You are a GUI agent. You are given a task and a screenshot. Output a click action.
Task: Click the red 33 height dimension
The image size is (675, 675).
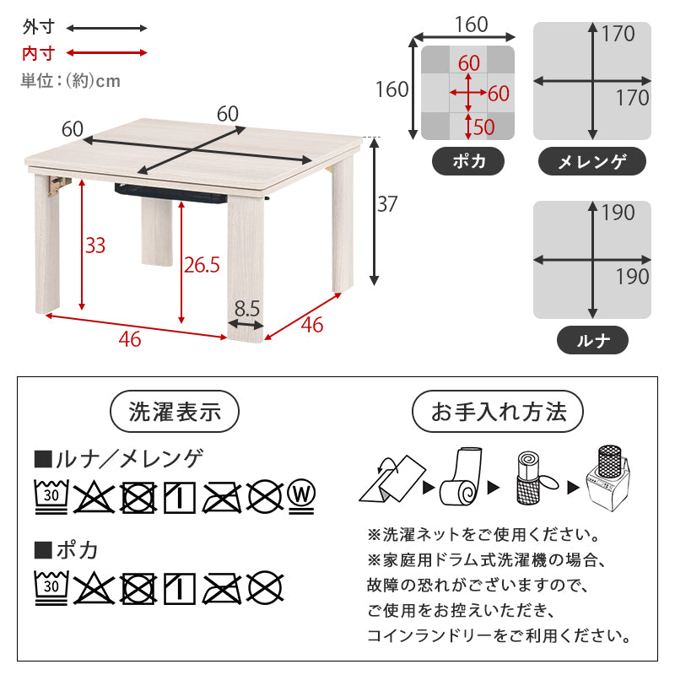95,246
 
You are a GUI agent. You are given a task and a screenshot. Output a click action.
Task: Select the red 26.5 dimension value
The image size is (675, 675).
202,265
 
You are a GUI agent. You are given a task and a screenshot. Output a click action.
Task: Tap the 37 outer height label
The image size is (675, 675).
386,204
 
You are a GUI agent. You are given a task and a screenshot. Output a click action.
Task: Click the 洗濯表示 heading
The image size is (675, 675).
175,413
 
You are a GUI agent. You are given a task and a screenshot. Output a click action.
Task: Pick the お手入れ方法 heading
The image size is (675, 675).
498,413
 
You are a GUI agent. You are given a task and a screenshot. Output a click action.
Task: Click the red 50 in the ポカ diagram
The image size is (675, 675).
483,127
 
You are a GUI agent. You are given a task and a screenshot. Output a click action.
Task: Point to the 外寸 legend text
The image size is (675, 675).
38,28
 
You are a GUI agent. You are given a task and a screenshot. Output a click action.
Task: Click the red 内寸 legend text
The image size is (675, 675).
38,53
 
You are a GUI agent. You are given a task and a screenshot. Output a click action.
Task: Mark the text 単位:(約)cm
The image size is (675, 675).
71,81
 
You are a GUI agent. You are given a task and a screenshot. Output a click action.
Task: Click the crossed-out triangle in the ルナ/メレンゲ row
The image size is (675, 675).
94,497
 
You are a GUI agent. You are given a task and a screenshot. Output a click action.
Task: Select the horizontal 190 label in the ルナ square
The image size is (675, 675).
632,276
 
